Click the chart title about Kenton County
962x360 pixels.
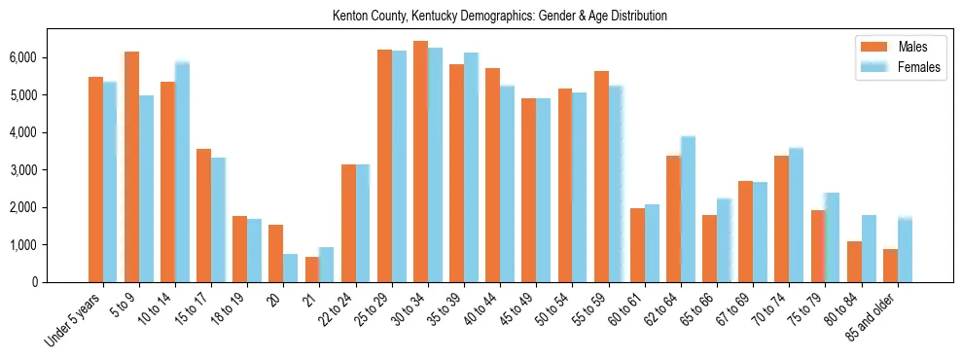[x=499, y=17]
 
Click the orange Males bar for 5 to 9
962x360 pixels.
[x=131, y=167]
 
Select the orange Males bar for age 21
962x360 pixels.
[x=312, y=270]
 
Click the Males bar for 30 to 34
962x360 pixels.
[x=420, y=162]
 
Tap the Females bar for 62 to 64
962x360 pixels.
[x=688, y=209]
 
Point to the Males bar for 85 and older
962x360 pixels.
[x=890, y=266]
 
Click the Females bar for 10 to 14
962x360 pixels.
[x=182, y=172]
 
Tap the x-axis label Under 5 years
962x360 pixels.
[x=76, y=318]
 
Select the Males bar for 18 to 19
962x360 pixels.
[x=239, y=249]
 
